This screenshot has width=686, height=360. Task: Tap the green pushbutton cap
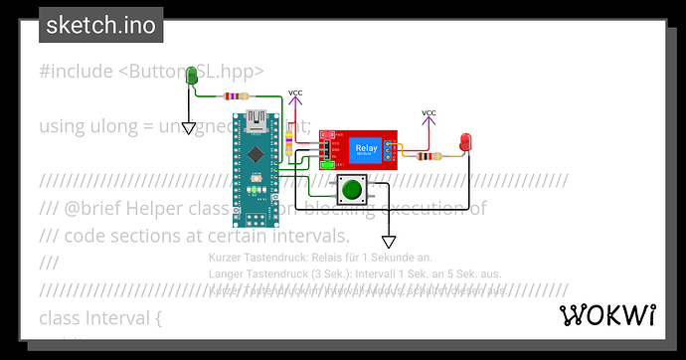tap(350, 188)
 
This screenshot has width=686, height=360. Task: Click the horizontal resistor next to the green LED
tap(235, 96)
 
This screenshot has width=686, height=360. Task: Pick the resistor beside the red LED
tap(427, 156)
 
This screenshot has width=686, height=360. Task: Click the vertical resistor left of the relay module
tap(290, 141)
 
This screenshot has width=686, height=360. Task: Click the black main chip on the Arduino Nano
tap(256, 155)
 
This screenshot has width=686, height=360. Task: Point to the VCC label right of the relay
tap(429, 113)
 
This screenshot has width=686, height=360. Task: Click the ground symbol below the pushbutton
tap(389, 242)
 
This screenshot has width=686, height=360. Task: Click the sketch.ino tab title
tap(101, 25)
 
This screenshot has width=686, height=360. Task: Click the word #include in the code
tap(76, 71)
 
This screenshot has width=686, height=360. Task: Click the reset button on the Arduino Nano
tap(256, 185)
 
